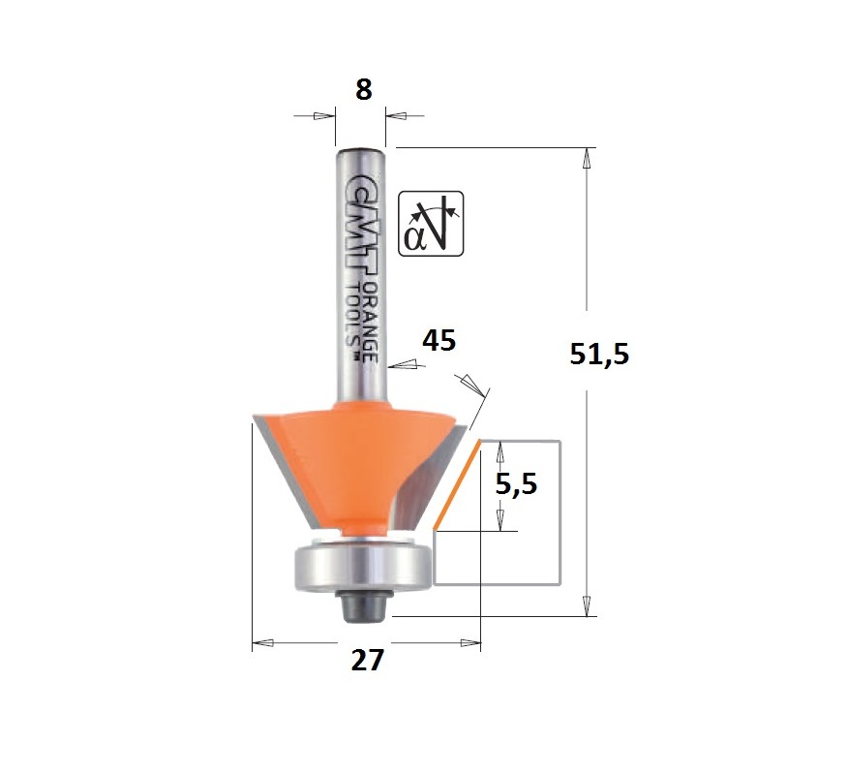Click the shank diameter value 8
point(363,89)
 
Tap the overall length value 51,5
point(599,356)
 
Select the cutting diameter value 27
point(367,660)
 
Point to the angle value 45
point(439,341)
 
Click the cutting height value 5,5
point(516,484)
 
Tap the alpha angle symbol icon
point(431,224)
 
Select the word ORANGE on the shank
point(370,322)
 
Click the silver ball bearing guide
point(362,568)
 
